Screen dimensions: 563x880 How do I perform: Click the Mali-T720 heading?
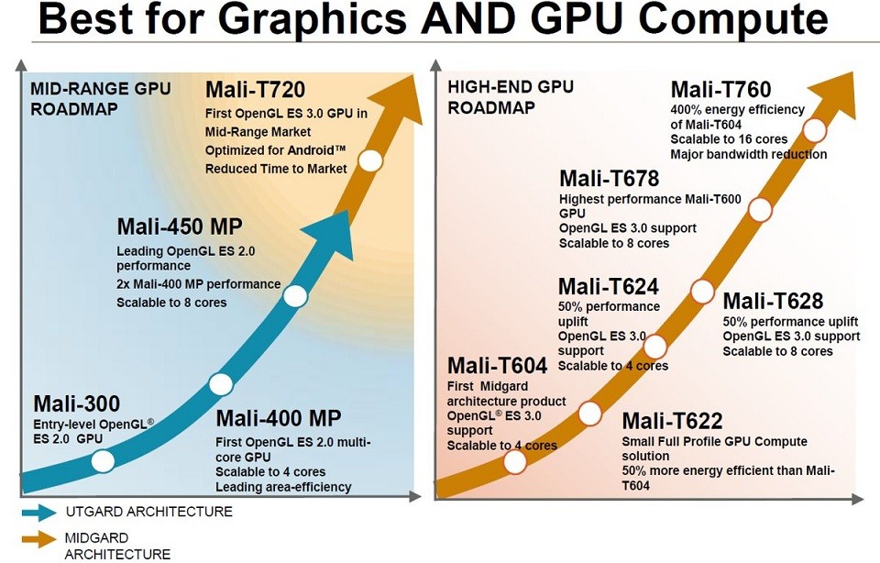click(255, 90)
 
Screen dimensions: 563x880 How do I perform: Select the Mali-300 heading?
click(77, 404)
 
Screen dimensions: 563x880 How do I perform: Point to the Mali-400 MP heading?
click(278, 419)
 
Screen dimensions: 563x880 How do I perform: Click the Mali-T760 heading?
click(720, 90)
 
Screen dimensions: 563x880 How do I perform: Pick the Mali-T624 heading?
click(608, 287)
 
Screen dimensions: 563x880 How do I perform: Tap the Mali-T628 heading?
click(773, 301)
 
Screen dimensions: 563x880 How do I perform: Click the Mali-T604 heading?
click(497, 365)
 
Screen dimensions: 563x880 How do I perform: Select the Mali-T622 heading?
click(673, 422)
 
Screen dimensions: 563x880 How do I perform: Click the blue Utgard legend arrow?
click(38, 513)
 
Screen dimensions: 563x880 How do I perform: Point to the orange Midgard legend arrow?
click(38, 539)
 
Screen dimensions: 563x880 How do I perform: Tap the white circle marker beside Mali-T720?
click(370, 161)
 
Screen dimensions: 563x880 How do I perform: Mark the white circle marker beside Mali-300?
click(103, 460)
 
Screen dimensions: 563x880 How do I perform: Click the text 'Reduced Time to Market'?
click(276, 169)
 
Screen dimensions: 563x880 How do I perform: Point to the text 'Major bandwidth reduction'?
click(748, 154)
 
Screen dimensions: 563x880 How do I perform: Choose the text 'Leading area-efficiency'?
click(283, 487)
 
